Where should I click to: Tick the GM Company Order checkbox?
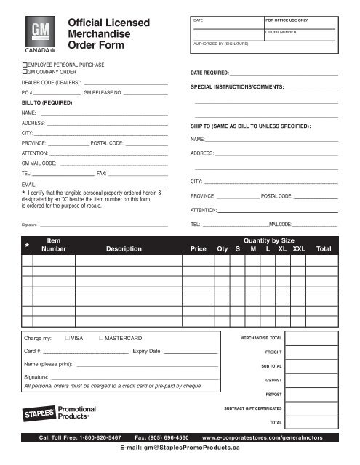pos(25,73)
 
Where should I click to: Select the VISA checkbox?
pos(66,339)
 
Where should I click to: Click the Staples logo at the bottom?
pos(40,413)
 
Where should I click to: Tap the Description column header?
pos(124,248)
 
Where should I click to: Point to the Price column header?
pos(198,248)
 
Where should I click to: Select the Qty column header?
pos(222,248)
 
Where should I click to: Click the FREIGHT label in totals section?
pos(273,352)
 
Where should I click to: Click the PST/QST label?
pos(273,394)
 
